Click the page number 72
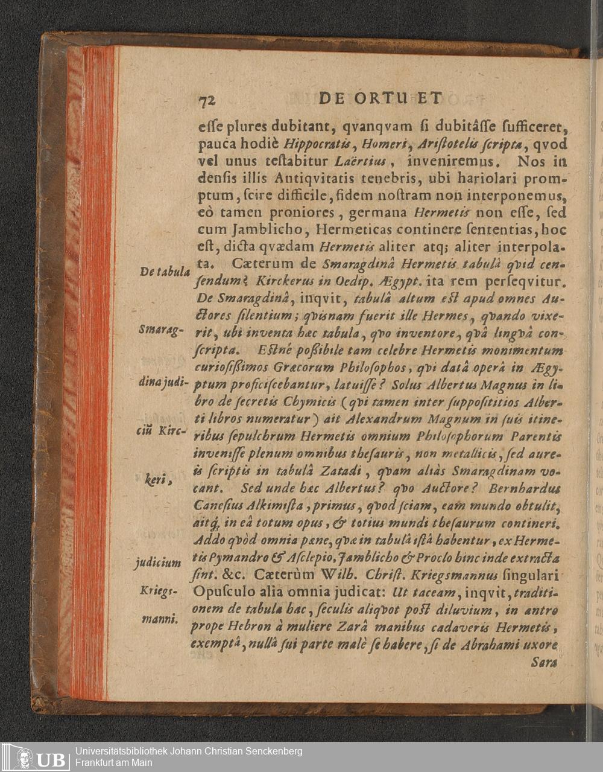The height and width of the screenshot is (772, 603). pos(207,100)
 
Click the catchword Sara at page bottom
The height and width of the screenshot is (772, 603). pos(545,662)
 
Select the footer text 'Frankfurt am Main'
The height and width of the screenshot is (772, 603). pos(114,763)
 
